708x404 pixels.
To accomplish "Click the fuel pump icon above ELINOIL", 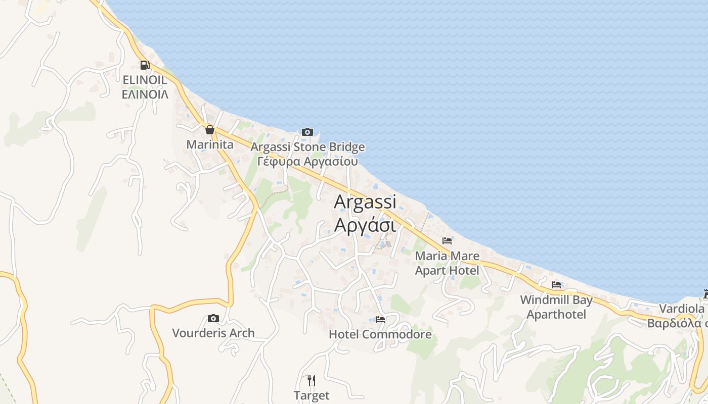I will tap(145, 65).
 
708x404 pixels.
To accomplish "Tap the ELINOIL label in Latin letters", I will tap(145, 80).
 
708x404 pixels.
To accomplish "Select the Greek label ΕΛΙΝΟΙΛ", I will tap(145, 94).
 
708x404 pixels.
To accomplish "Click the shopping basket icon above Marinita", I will tap(210, 130).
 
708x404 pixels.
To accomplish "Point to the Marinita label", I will tap(210, 145).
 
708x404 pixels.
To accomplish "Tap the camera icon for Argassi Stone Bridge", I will tap(307, 132).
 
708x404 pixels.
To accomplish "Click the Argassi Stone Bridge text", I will tap(307, 147).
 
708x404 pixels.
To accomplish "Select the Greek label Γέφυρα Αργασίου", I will tap(307, 162).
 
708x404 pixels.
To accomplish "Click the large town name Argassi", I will tap(365, 202).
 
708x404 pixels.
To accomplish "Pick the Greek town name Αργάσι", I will tap(365, 225).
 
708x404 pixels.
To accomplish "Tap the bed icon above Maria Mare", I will tap(447, 241).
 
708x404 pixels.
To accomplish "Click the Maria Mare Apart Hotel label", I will tap(447, 263).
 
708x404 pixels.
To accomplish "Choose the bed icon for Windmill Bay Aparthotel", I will tap(556, 285).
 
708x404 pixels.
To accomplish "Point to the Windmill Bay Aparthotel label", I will tap(556, 307).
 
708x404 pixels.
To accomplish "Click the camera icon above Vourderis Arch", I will tap(213, 318).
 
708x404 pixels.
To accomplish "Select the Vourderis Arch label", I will tap(213, 333).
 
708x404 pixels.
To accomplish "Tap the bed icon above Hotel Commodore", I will tap(380, 320).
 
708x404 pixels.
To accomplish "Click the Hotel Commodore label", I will tap(380, 334).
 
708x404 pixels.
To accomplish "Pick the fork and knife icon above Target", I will tap(312, 380).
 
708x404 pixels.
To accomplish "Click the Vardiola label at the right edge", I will tap(681, 309).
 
